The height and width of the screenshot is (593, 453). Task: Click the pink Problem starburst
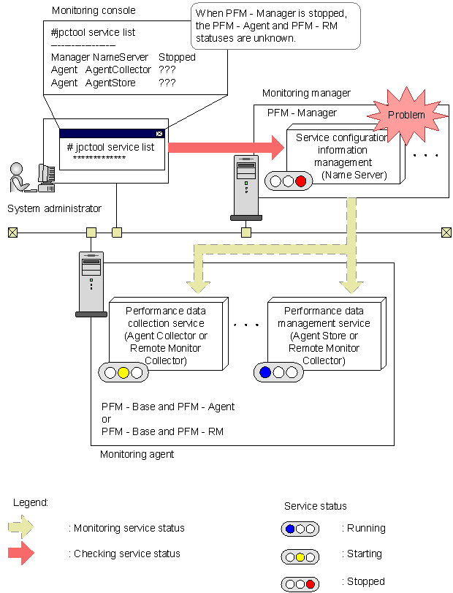pos(406,115)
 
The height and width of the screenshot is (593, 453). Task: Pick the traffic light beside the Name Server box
pos(286,181)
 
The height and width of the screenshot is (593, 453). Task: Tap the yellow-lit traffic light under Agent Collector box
pos(123,373)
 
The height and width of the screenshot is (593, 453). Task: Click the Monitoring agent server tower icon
pos(91,284)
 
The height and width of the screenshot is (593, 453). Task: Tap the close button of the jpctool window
pos(159,134)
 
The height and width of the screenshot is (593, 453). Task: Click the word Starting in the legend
pos(364,554)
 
